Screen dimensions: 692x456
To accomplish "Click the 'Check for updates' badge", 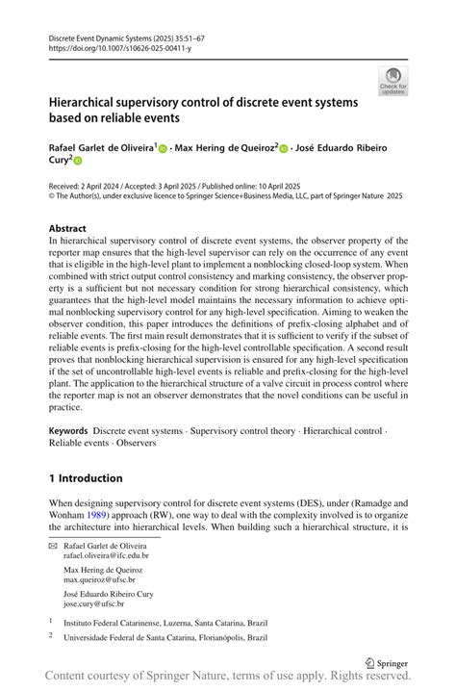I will click(393, 81).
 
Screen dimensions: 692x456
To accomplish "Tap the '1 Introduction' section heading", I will click(86, 477).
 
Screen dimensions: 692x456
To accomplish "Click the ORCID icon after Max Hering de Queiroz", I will click(285, 149).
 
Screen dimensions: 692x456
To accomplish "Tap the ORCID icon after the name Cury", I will click(79, 164).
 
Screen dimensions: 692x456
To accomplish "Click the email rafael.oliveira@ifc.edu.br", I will click(108, 555).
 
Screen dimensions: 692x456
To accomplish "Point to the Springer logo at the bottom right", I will click(386, 663).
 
